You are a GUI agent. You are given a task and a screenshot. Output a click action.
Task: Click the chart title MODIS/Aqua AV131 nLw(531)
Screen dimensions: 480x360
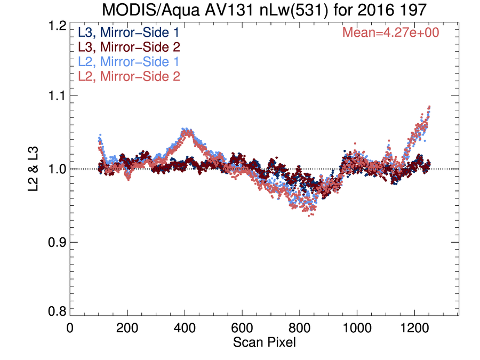[216, 10]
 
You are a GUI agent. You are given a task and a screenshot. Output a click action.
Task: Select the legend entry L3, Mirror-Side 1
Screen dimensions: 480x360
[129, 33]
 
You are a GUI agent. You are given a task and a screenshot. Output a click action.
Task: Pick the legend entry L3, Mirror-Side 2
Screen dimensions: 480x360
[129, 47]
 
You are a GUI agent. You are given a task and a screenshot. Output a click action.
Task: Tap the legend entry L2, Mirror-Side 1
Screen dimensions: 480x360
[129, 62]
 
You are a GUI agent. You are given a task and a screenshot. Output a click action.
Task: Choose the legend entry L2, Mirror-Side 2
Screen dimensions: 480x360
[129, 76]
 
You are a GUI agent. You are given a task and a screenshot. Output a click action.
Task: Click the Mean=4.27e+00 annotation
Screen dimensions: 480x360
[390, 33]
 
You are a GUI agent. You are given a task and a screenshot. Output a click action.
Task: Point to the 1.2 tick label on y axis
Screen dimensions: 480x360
[57, 26]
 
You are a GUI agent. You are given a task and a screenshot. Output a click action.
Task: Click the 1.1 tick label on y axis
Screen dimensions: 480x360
[57, 96]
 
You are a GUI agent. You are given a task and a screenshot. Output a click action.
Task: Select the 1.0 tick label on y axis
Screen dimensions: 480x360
[57, 169]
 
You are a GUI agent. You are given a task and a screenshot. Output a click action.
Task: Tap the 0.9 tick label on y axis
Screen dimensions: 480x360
[57, 242]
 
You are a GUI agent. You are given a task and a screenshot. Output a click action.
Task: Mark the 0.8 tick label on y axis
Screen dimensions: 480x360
[57, 311]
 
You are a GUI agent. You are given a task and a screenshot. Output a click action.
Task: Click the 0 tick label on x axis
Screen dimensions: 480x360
[70, 328]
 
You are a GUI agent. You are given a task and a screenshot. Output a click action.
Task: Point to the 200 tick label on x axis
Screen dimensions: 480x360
[127, 328]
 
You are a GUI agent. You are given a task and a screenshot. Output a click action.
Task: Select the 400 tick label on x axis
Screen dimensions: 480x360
[185, 328]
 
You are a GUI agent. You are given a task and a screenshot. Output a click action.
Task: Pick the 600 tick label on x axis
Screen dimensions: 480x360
[242, 328]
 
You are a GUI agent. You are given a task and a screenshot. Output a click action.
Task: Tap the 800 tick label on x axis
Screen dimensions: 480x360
[299, 328]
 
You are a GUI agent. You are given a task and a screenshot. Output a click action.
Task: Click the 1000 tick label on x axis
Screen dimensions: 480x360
[357, 328]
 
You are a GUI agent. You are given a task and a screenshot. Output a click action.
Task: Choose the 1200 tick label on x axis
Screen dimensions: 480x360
[414, 328]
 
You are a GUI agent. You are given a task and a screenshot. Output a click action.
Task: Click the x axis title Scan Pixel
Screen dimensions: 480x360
[265, 342]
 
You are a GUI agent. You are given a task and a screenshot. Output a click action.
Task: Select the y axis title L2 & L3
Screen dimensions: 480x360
[33, 169]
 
